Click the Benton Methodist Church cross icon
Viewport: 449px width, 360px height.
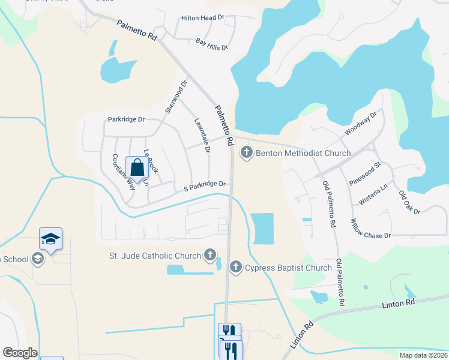(x=246, y=153)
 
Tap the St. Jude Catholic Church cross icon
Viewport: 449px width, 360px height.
(x=210, y=256)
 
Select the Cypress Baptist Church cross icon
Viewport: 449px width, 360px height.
(x=236, y=267)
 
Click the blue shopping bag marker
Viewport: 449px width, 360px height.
(x=137, y=168)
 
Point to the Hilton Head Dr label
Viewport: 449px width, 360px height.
(x=202, y=18)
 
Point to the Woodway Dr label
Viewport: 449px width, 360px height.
(x=360, y=123)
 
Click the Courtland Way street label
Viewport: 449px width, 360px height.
(x=124, y=172)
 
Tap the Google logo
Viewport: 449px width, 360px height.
(x=20, y=353)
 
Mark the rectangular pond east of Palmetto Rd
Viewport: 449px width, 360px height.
(x=263, y=229)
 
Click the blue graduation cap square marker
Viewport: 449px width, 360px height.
(x=51, y=240)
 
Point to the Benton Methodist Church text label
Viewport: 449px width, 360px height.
(x=303, y=153)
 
